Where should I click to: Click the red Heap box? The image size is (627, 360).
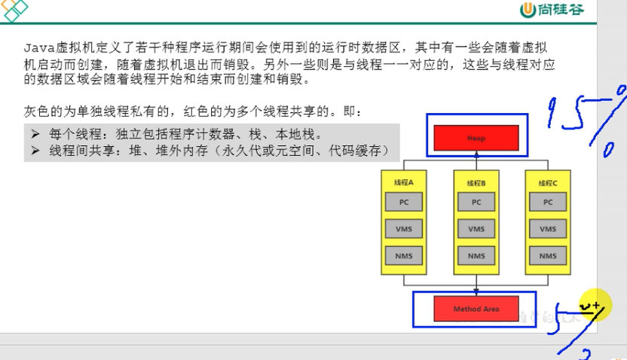click(x=476, y=138)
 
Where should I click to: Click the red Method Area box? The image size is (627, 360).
click(x=476, y=309)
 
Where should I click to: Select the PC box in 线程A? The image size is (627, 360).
click(x=403, y=202)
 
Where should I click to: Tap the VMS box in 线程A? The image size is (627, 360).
click(x=403, y=229)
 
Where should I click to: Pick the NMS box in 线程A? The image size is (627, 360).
click(x=403, y=256)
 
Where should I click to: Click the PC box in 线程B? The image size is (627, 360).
click(x=476, y=202)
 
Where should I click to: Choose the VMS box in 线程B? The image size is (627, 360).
click(x=476, y=229)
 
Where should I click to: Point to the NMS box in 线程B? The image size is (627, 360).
click(x=476, y=256)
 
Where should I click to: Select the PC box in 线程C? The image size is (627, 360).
click(x=548, y=202)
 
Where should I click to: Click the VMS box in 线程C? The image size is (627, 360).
click(x=548, y=229)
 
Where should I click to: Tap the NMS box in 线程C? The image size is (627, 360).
click(x=548, y=256)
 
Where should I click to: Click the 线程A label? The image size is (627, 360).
click(x=403, y=183)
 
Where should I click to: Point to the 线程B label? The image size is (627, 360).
click(x=476, y=183)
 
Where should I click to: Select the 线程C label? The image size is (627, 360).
click(x=548, y=183)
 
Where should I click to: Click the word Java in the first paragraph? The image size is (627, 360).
click(x=36, y=47)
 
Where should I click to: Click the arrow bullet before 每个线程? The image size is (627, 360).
click(x=35, y=134)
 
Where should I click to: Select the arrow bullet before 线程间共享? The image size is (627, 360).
click(x=35, y=151)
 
